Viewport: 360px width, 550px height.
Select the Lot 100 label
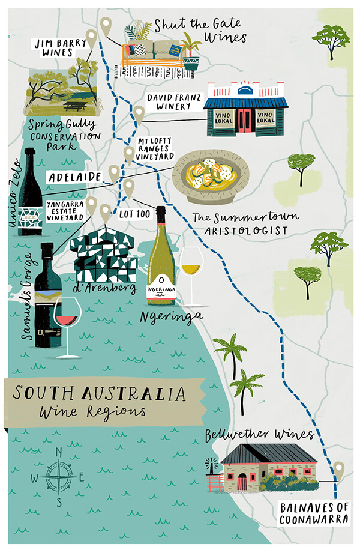coord(134,214)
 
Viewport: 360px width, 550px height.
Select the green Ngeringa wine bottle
coord(161,258)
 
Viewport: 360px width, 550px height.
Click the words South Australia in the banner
coord(99,394)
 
